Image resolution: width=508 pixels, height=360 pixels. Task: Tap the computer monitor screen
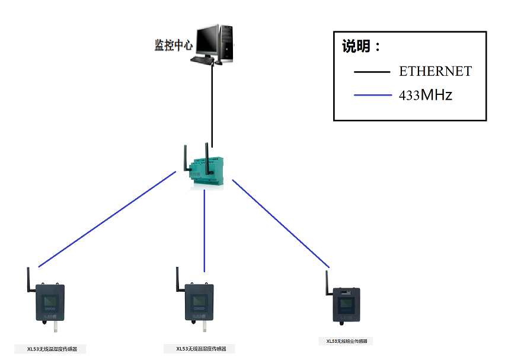pos(207,40)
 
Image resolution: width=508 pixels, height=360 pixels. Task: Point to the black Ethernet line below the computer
pos(212,101)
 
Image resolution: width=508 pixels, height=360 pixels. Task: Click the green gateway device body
pos(207,172)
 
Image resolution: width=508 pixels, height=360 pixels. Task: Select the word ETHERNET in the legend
pos(435,72)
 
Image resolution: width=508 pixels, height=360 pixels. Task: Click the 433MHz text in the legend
pos(426,95)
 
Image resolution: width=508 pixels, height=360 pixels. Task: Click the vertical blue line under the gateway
pos(205,231)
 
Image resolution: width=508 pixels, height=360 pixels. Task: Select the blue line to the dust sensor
pos(280,223)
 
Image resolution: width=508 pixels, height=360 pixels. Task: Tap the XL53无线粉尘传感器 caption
pos(346,342)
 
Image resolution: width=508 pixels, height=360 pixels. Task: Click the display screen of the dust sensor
pos(346,305)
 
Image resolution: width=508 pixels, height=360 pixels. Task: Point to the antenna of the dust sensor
pos(327,283)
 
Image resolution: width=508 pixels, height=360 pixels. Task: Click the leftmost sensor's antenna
pos(28,281)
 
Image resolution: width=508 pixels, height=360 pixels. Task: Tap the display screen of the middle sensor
pos(199,301)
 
